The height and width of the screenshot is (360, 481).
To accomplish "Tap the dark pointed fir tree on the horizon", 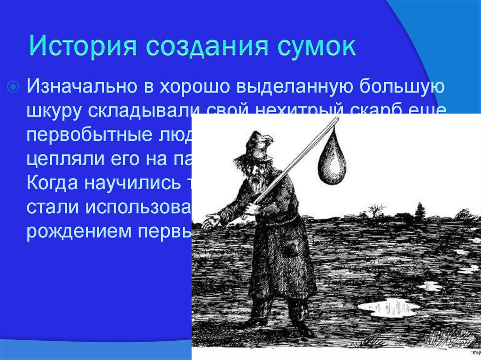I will click(419, 212).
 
